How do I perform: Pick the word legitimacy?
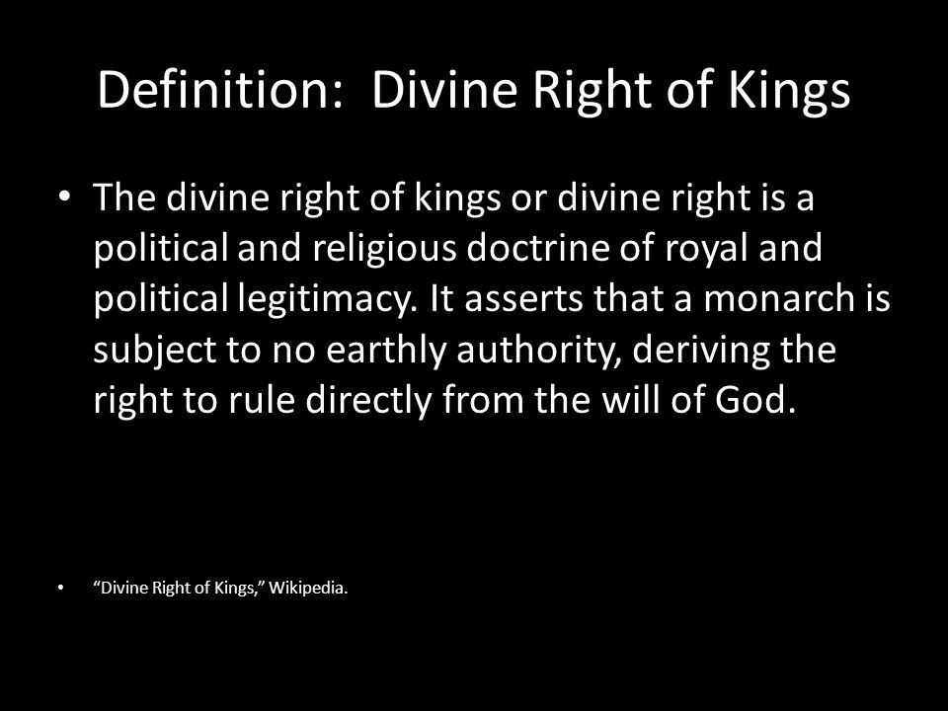pyautogui.click(x=328, y=300)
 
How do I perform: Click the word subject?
pyautogui.click(x=155, y=351)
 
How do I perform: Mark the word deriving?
pyautogui.click(x=701, y=351)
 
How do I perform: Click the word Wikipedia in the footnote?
pyautogui.click(x=308, y=589)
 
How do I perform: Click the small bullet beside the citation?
pyautogui.click(x=60, y=588)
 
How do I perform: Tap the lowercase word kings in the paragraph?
pyautogui.click(x=457, y=198)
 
